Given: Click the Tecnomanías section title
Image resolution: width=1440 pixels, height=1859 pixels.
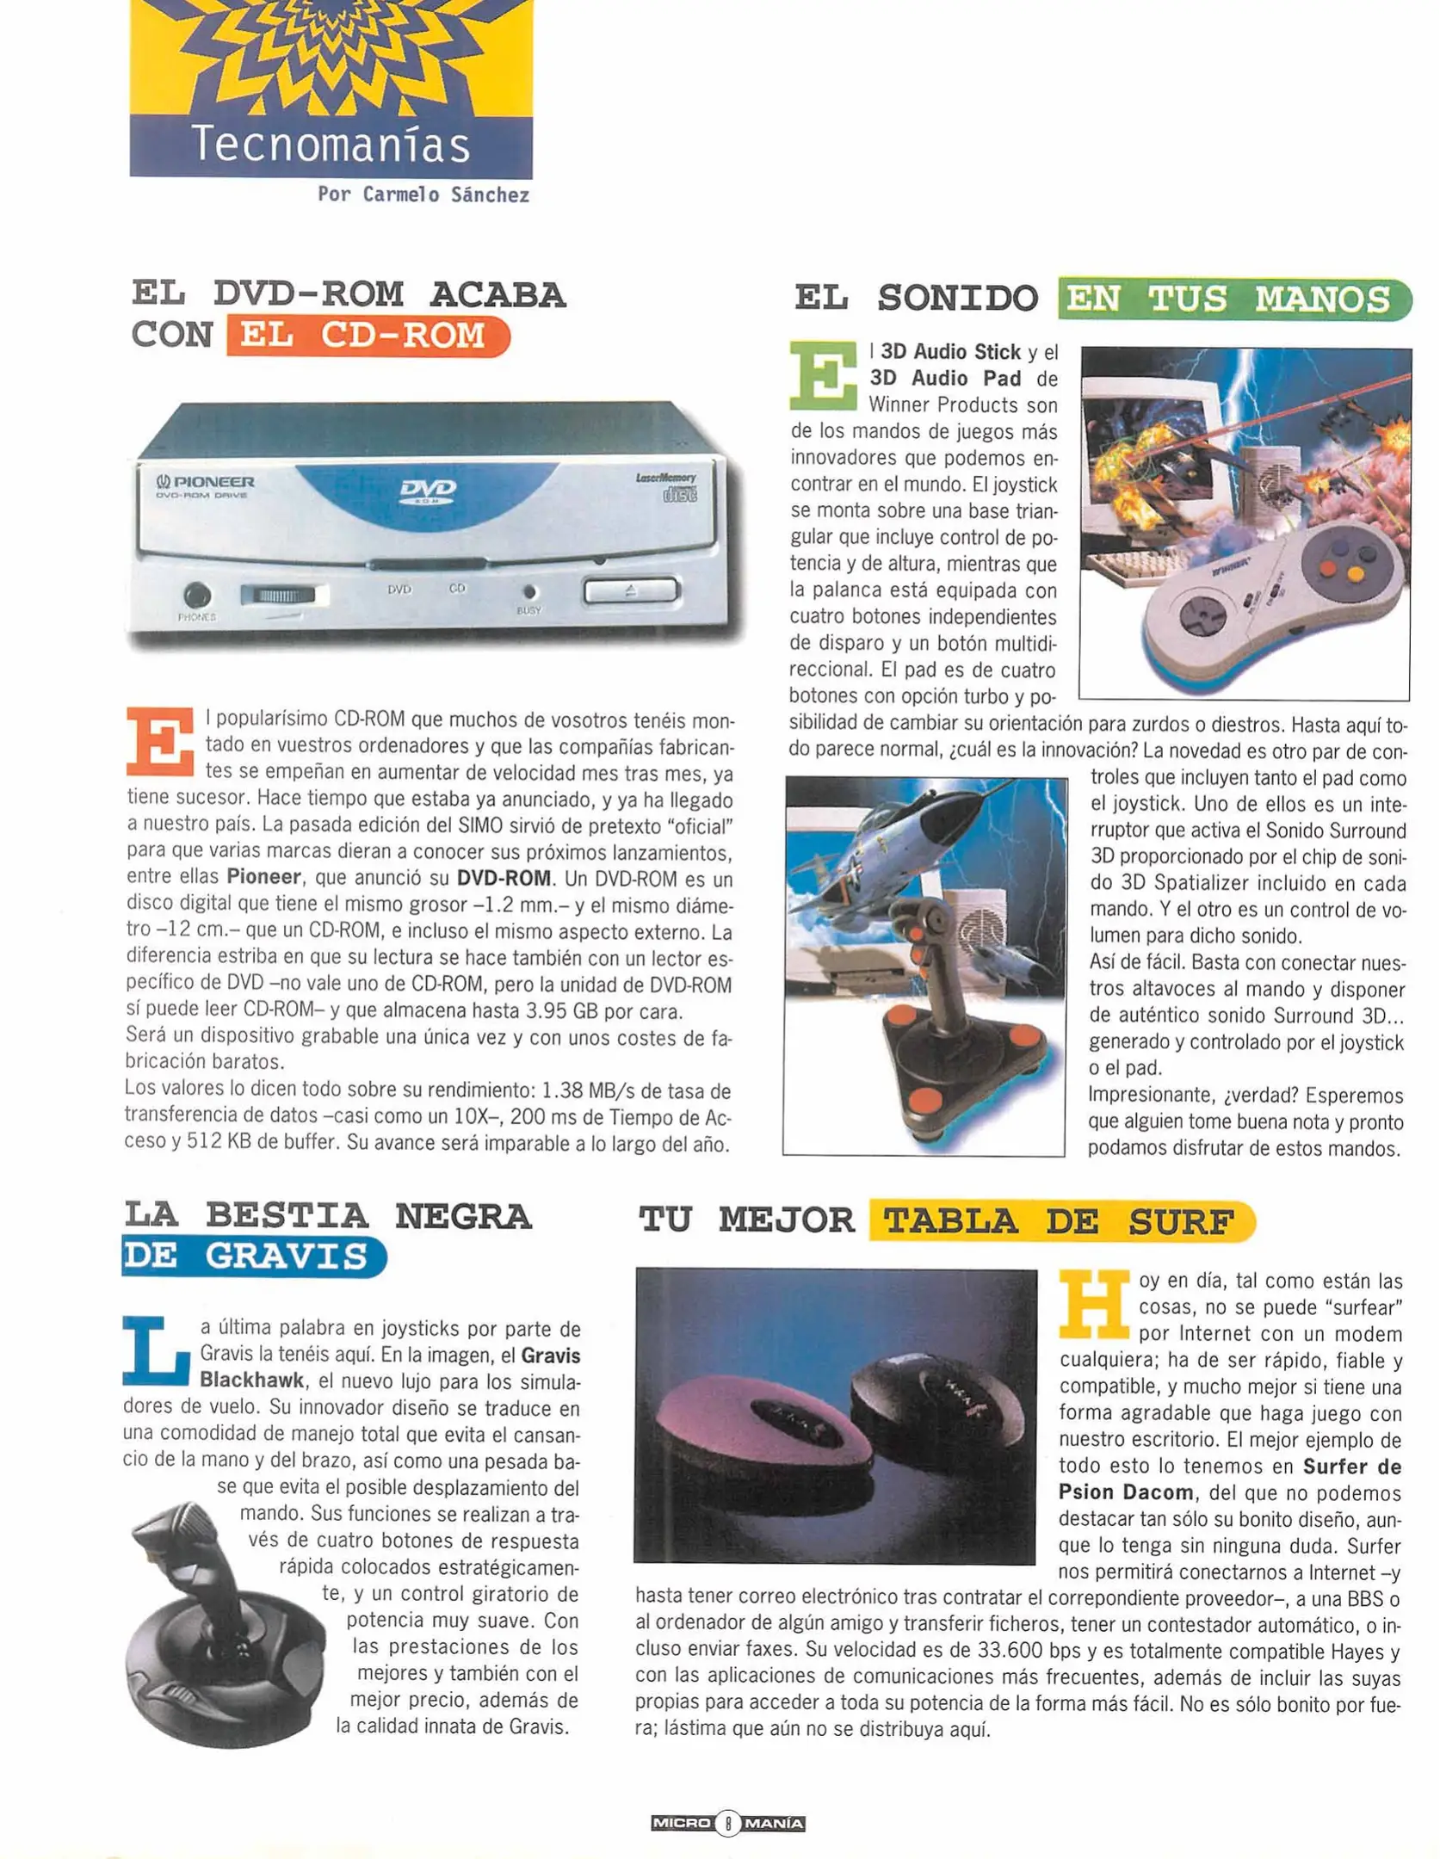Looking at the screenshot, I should click(x=331, y=145).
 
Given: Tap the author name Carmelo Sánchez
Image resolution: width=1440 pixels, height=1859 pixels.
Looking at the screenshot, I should click(x=423, y=195).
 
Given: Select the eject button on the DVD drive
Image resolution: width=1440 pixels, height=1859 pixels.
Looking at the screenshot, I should click(x=631, y=590).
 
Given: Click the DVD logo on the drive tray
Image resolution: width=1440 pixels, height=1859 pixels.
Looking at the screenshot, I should click(x=428, y=490).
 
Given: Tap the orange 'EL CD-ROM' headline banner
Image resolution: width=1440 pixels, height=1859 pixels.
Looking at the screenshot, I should click(x=368, y=336).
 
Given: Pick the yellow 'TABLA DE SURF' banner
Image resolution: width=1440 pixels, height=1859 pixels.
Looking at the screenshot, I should click(x=1060, y=1220).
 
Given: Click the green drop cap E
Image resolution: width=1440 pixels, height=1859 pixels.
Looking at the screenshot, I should click(x=823, y=375).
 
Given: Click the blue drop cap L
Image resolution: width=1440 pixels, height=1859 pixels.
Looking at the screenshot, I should click(x=157, y=1351).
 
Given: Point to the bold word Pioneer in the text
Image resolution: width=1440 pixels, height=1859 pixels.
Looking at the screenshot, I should click(x=263, y=878).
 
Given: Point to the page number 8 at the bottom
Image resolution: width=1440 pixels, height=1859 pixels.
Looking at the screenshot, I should click(x=727, y=1822).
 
